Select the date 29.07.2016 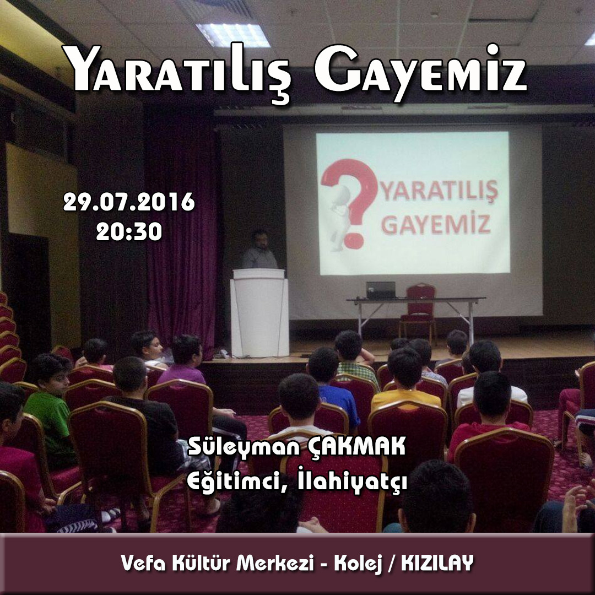point(129,202)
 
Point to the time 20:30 point(129,231)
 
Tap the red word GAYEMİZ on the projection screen point(436,224)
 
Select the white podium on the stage point(259,313)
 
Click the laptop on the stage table point(381,290)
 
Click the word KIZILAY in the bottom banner point(437,562)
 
